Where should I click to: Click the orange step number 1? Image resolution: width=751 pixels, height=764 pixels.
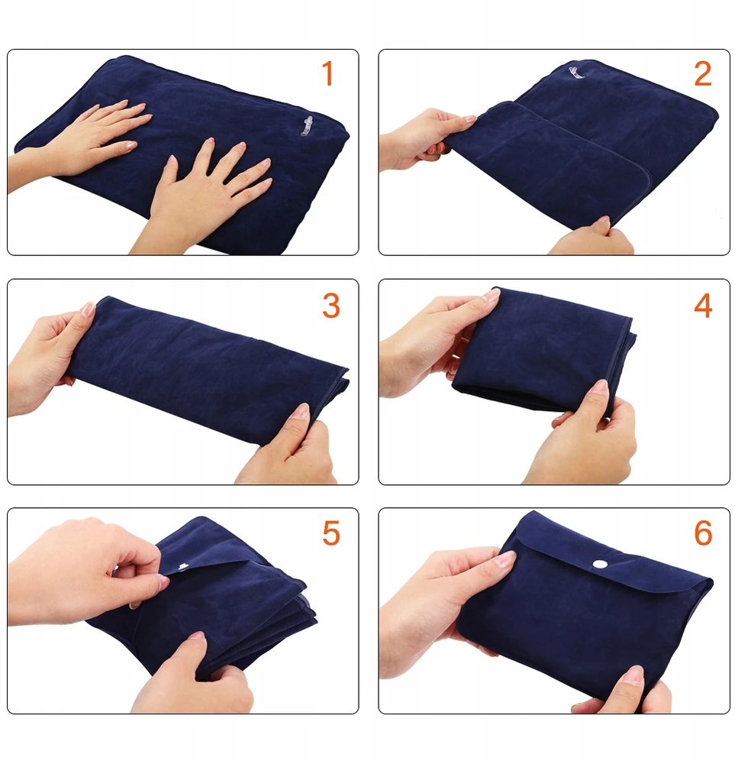pos(327,73)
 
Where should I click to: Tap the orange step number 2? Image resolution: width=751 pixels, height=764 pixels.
pos(703,73)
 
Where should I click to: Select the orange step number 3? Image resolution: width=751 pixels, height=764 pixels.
pos(331,306)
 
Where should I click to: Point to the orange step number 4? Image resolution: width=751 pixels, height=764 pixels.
pos(703,306)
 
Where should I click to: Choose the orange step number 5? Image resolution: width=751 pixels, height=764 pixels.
pos(331,533)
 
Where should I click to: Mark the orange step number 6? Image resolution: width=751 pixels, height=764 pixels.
pos(703,533)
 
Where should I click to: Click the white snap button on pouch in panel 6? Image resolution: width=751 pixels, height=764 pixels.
pos(600,565)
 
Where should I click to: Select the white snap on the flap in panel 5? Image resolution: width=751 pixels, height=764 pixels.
pos(183,566)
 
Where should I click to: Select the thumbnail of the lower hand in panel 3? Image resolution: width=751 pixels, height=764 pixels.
pos(303,410)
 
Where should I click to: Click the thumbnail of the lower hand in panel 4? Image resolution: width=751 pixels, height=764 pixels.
pos(601,387)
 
